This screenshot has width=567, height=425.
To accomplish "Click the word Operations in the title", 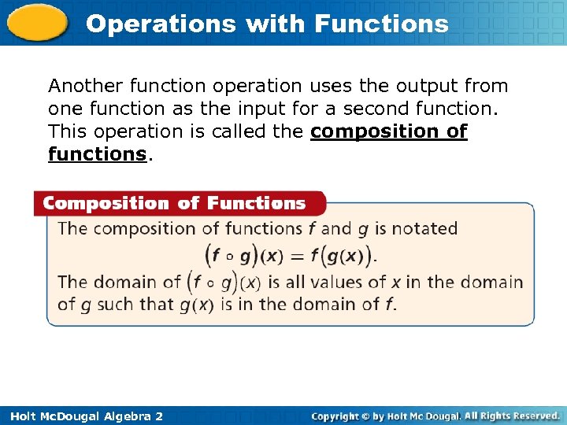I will point(161,24).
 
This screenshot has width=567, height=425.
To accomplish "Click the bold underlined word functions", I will point(97,154).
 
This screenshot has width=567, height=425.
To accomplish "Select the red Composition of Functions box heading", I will point(174,204).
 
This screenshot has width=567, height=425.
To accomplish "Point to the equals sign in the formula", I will point(297,256).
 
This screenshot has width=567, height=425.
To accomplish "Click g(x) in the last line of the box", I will point(196,305).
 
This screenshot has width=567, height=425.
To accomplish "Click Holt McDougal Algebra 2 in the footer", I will point(83,416).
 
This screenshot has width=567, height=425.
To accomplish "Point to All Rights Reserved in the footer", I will point(513,416).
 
